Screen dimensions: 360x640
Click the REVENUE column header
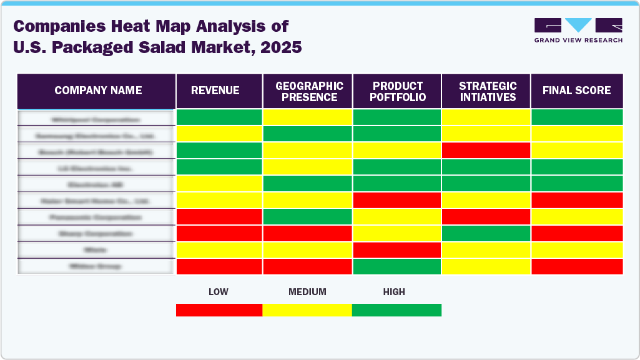[215, 91]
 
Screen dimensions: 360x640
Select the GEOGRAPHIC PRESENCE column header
[309, 91]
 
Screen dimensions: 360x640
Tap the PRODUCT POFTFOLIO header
[398, 91]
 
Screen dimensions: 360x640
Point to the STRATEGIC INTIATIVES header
[487, 91]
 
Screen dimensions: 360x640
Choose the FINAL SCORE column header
[576, 91]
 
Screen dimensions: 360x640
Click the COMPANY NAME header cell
[98, 91]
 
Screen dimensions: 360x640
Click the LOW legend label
[218, 291]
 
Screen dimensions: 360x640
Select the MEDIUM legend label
[307, 291]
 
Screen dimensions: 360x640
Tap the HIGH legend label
[394, 291]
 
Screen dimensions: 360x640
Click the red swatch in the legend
[219, 310]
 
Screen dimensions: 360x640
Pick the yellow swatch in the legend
[307, 310]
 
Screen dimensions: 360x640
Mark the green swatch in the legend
[396, 310]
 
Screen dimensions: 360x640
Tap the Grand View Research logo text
[578, 40]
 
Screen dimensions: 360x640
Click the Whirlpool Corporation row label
[96, 119]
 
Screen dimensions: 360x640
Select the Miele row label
[96, 250]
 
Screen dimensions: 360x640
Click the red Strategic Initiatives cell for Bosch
[486, 150]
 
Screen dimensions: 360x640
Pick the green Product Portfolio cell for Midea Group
[397, 266]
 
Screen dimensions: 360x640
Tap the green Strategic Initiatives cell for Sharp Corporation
[486, 233]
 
